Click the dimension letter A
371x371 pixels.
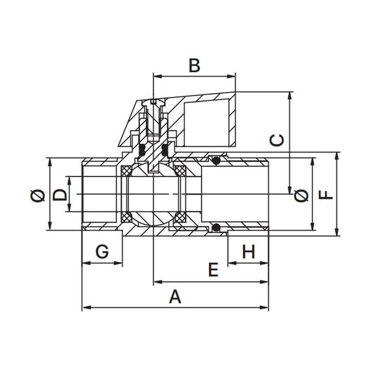pos(175,297)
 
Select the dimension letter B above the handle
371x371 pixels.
pos(195,66)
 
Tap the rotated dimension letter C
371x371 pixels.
pos(277,141)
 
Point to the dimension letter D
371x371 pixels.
pos(59,195)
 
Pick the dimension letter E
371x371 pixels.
pos(213,269)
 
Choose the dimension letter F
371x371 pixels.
pos(326,195)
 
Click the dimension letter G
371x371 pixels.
pos(102,251)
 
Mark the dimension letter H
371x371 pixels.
pos(249,251)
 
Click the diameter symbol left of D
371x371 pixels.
pos(38,195)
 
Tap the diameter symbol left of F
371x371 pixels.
pos(301,195)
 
